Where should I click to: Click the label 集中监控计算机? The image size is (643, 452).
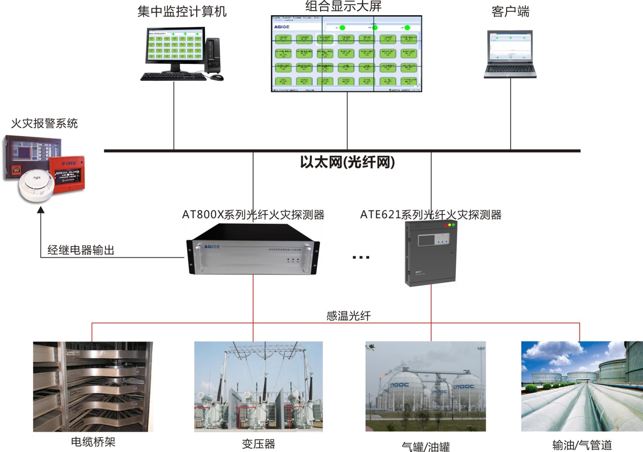click(x=182, y=12)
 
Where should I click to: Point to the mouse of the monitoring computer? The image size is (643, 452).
click(x=217, y=78)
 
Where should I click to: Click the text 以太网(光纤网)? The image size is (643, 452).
click(x=347, y=163)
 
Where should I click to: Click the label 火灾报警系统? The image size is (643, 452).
click(x=45, y=123)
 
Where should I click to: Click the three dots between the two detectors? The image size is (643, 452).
click(x=361, y=257)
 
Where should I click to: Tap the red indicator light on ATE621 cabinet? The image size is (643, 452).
click(x=446, y=225)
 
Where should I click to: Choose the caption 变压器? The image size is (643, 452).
click(x=258, y=444)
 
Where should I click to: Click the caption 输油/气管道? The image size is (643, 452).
click(x=582, y=445)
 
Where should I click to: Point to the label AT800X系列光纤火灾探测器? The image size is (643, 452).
click(x=253, y=215)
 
